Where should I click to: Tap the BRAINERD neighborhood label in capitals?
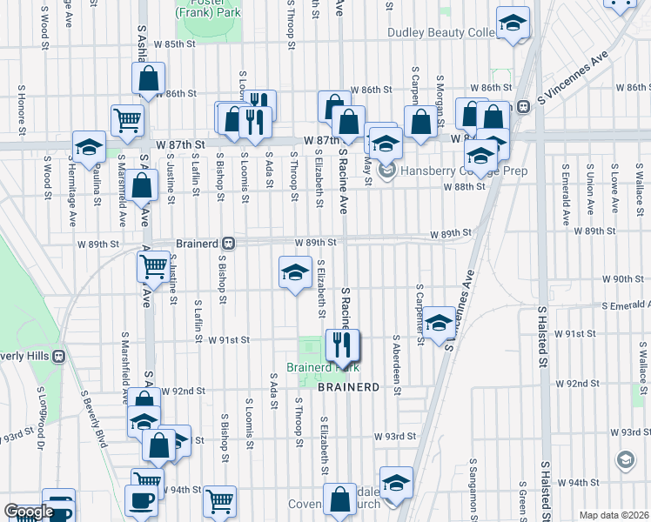pyautogui.click(x=348, y=386)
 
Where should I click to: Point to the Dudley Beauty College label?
pyautogui.click(x=441, y=32)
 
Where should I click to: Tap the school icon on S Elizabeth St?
pyautogui.click(x=295, y=272)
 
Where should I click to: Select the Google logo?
pyautogui.click(x=29, y=512)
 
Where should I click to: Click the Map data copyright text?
pyautogui.click(x=614, y=515)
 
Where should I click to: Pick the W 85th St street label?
pyautogui.click(x=174, y=43)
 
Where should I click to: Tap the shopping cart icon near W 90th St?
pyautogui.click(x=154, y=267)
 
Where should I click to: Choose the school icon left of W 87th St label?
pyautogui.click(x=89, y=148)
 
